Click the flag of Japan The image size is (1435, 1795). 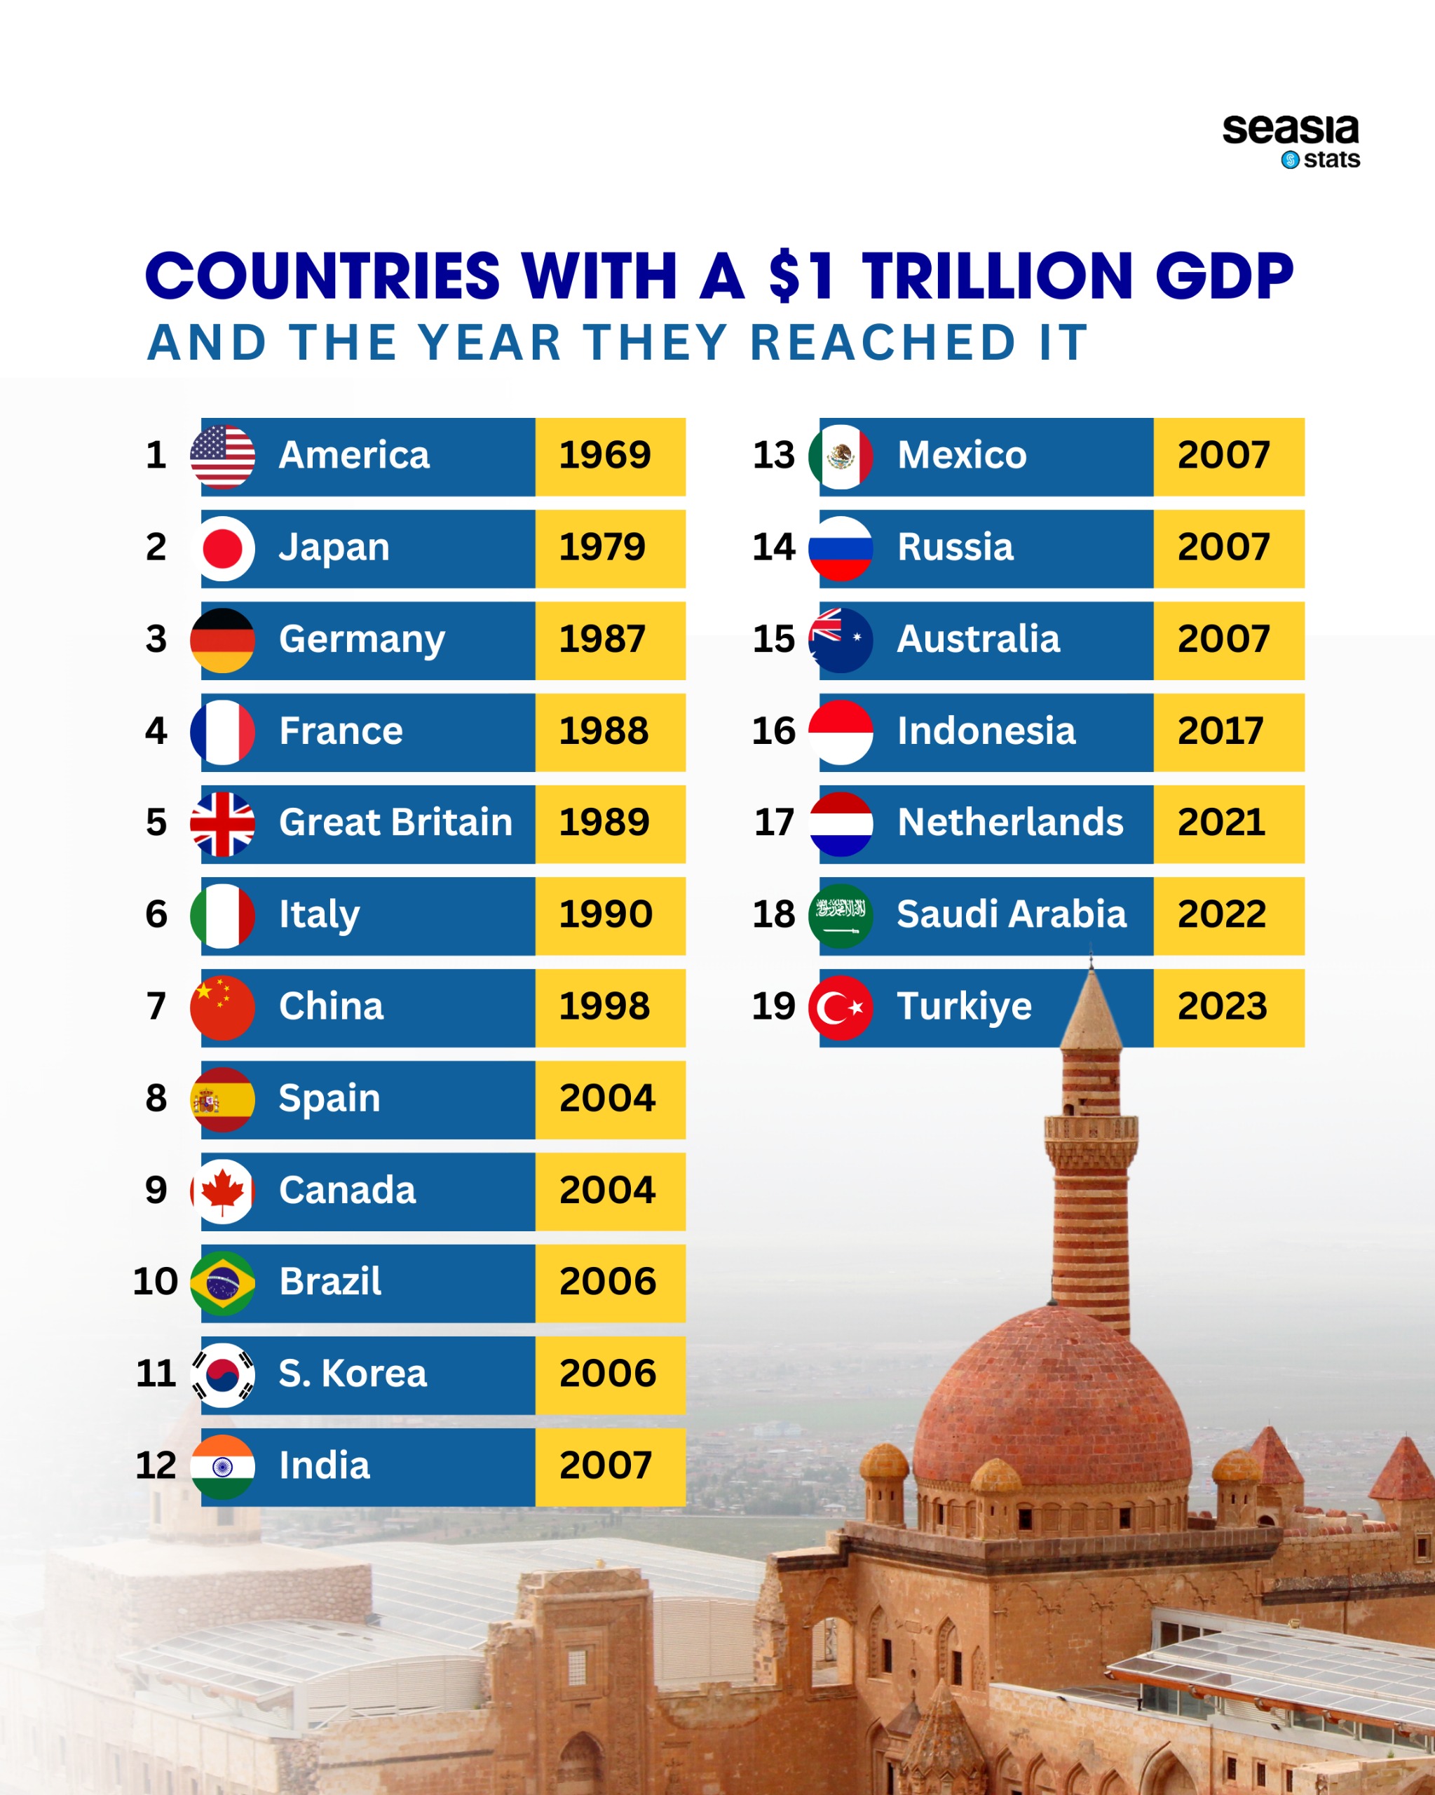click(222, 548)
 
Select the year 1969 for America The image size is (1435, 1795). click(605, 455)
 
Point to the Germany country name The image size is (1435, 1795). click(361, 639)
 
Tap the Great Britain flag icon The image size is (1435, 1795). click(222, 823)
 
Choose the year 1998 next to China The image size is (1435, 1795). click(605, 1007)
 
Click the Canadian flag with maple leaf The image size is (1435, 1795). click(222, 1191)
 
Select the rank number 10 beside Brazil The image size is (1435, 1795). click(156, 1281)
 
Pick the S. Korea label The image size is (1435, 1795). click(352, 1374)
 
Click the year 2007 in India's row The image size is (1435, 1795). click(605, 1465)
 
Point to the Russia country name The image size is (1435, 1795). click(955, 548)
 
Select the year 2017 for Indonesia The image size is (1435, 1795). click(1220, 731)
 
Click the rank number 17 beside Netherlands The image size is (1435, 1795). click(774, 822)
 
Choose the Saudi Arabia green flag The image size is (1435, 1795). click(841, 915)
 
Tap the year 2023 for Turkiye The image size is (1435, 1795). click(1222, 1007)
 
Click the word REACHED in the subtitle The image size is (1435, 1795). click(883, 342)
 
